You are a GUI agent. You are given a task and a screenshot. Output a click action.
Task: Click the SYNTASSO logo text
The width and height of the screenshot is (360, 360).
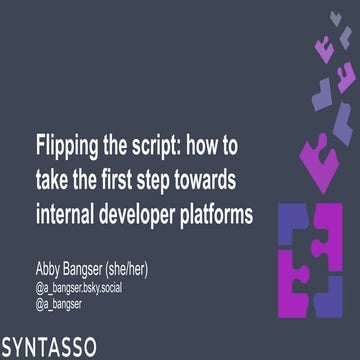coord(50,347)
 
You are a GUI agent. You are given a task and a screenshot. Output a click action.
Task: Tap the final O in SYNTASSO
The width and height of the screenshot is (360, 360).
coord(89,347)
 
